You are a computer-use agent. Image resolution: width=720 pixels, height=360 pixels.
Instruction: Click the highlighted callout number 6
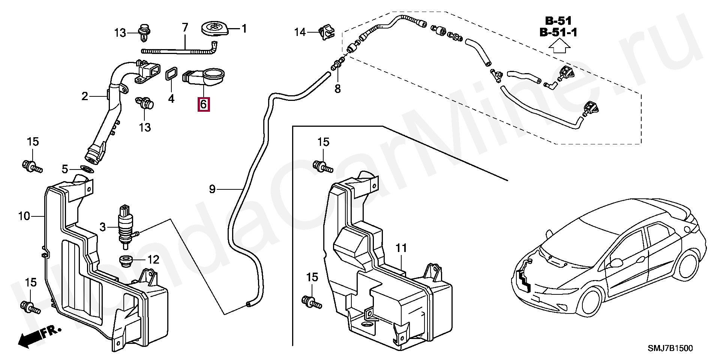coord(204,104)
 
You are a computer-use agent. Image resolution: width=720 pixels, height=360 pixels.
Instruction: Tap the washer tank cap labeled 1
coord(213,29)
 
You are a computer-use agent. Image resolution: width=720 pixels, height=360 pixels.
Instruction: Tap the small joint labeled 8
coord(338,65)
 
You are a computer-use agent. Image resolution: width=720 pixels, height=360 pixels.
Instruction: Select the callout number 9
coord(212,189)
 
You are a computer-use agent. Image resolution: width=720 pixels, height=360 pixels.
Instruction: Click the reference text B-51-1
coord(558,33)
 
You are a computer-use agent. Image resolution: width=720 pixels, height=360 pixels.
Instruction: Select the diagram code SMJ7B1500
coord(670,348)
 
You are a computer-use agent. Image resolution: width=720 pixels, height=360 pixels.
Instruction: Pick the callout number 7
coord(184,27)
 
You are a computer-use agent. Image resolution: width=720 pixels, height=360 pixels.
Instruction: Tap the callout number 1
coord(244,28)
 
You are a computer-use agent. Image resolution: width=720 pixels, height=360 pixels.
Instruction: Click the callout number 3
coord(103,227)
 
